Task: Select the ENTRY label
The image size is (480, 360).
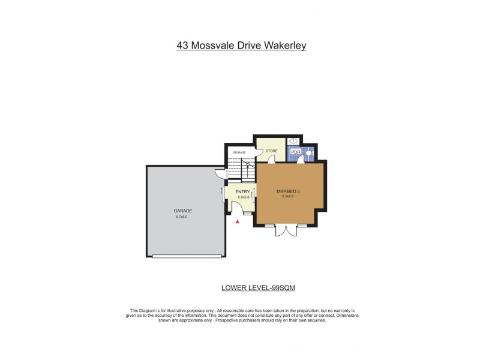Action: [242, 192]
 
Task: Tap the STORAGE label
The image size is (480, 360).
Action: [239, 153]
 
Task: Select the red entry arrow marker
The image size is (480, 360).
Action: [238, 222]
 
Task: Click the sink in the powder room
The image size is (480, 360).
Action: [294, 141]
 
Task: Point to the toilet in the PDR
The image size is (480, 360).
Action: [308, 153]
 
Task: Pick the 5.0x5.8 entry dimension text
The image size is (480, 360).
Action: [244, 197]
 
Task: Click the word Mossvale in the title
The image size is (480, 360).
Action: [212, 45]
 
